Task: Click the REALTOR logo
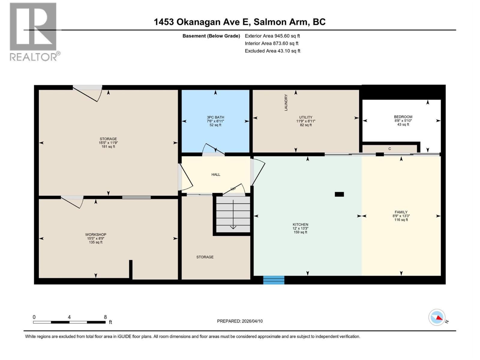[x=33, y=31]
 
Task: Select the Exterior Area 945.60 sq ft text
[x=272, y=36]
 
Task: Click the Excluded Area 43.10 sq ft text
[x=272, y=51]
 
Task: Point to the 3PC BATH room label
[x=215, y=118]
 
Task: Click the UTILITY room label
[x=306, y=118]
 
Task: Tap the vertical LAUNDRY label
[x=286, y=103]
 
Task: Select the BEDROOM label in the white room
[x=403, y=117]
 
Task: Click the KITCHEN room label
[x=300, y=225]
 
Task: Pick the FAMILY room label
[x=401, y=212]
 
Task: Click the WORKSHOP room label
[x=96, y=235]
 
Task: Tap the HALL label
[x=216, y=175]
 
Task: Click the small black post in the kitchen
[x=339, y=194]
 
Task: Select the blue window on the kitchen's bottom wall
[x=274, y=280]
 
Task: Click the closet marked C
[x=389, y=149]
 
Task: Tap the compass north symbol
[x=437, y=317]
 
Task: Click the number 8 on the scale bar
[x=105, y=317]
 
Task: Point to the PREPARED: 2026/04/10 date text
[x=240, y=321]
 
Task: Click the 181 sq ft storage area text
[x=108, y=147]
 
